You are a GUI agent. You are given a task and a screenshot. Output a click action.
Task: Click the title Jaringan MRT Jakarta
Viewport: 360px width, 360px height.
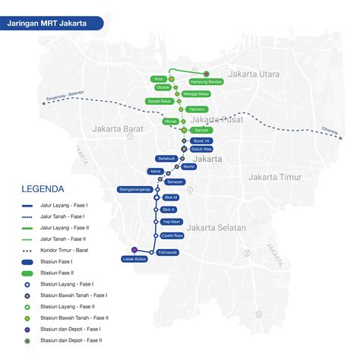pyautogui.click(x=46, y=24)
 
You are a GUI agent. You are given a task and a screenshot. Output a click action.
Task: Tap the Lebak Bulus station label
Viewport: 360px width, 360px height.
pyautogui.click(x=133, y=259)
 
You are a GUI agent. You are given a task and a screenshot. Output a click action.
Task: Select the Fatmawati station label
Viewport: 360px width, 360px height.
pyautogui.click(x=167, y=251)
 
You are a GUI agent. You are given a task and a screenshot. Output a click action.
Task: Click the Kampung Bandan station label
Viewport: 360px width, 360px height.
pyautogui.click(x=205, y=81)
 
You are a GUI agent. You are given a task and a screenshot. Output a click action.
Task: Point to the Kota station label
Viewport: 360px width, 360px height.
pyautogui.click(x=159, y=78)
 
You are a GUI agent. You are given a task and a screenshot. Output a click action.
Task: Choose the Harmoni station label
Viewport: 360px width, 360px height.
pyautogui.click(x=197, y=109)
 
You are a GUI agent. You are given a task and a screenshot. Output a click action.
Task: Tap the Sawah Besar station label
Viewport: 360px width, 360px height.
pyautogui.click(x=159, y=100)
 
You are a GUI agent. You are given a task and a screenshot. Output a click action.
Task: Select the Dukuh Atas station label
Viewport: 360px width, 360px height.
pyautogui.click(x=202, y=150)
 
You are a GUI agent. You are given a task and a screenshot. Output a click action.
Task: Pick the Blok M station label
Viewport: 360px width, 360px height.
pyautogui.click(x=169, y=197)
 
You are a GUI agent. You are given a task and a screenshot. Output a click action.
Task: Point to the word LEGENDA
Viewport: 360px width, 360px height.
pyautogui.click(x=43, y=189)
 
